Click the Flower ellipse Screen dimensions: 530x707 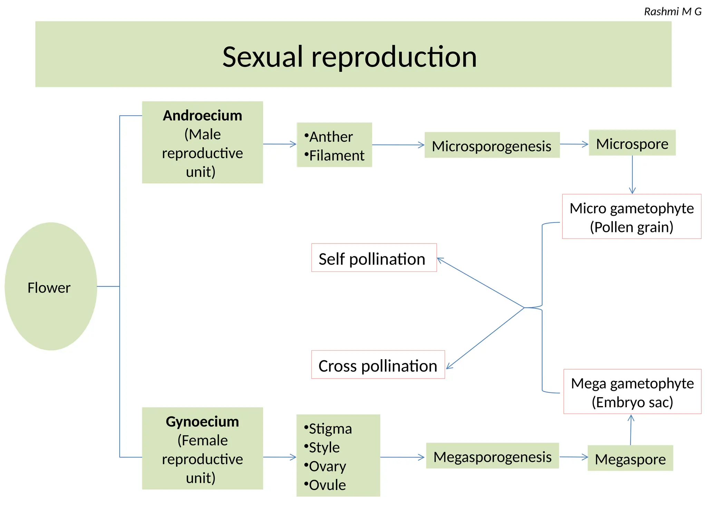51,286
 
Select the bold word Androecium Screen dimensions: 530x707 202,116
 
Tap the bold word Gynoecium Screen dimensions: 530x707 202,422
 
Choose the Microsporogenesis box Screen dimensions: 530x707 492,146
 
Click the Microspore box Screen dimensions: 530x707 632,143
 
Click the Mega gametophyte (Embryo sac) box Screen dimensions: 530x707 632,392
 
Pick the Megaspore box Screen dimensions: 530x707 630,459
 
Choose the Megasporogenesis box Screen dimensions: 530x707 492,456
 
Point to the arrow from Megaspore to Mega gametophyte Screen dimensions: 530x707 631,430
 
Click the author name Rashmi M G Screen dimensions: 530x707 672,12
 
